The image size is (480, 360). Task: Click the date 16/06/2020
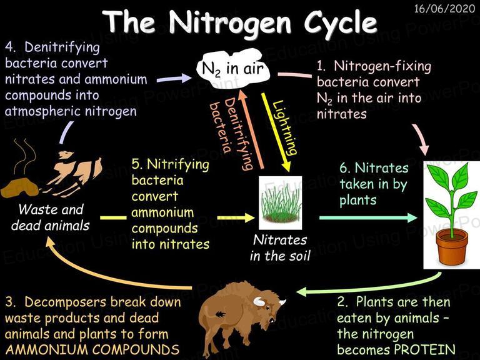[444, 9]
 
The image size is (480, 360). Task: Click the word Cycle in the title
[340, 23]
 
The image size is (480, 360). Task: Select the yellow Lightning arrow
[276, 132]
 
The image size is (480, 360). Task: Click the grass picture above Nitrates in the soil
[280, 202]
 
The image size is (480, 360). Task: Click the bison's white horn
[259, 302]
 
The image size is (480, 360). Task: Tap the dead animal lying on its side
[74, 174]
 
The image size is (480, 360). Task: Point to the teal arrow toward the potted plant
[368, 217]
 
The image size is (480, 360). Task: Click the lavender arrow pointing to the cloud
[174, 79]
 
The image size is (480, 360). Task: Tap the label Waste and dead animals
[51, 217]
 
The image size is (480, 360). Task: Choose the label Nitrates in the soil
[280, 248]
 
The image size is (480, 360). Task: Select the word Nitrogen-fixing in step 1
[382, 66]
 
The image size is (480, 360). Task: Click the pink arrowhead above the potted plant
[424, 150]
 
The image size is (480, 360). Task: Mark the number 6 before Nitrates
[344, 168]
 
